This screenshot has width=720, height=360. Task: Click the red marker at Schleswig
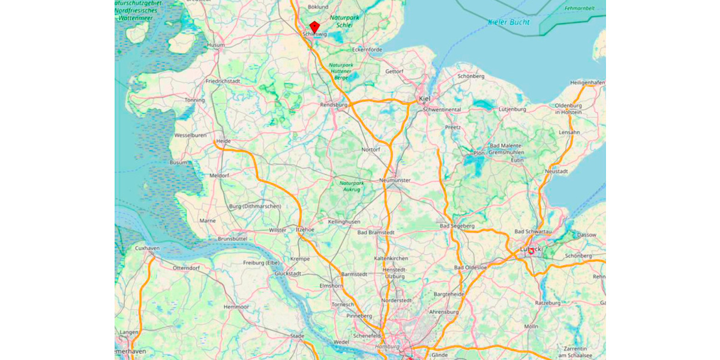(314, 26)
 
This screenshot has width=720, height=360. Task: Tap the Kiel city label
(424, 98)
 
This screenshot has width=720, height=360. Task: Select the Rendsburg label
(334, 104)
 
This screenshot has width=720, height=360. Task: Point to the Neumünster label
(395, 180)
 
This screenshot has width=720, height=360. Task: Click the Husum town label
(215, 45)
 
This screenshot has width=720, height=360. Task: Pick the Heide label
(223, 141)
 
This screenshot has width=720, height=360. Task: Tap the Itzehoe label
(305, 229)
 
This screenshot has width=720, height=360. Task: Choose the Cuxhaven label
(146, 248)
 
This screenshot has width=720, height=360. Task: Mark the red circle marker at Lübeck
(530, 251)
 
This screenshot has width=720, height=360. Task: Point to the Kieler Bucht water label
(509, 22)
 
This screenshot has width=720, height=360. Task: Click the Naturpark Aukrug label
(351, 186)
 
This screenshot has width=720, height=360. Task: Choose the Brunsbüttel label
(233, 238)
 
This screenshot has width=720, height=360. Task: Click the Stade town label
(297, 336)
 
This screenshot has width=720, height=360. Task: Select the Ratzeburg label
(547, 303)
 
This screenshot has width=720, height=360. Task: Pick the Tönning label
(194, 100)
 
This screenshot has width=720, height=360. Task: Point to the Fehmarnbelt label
(579, 8)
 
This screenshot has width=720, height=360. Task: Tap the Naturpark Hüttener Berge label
(341, 71)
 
